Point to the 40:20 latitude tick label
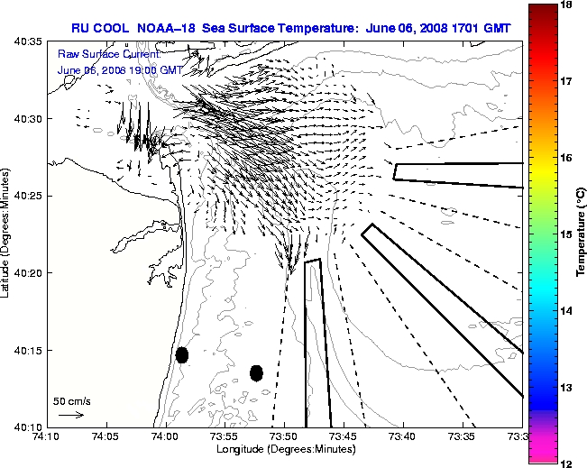click(x=26, y=272)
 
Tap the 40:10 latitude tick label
click(x=26, y=427)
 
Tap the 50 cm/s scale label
click(x=71, y=400)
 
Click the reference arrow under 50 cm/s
click(x=70, y=415)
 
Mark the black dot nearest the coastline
click(x=182, y=354)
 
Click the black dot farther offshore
click(x=256, y=372)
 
